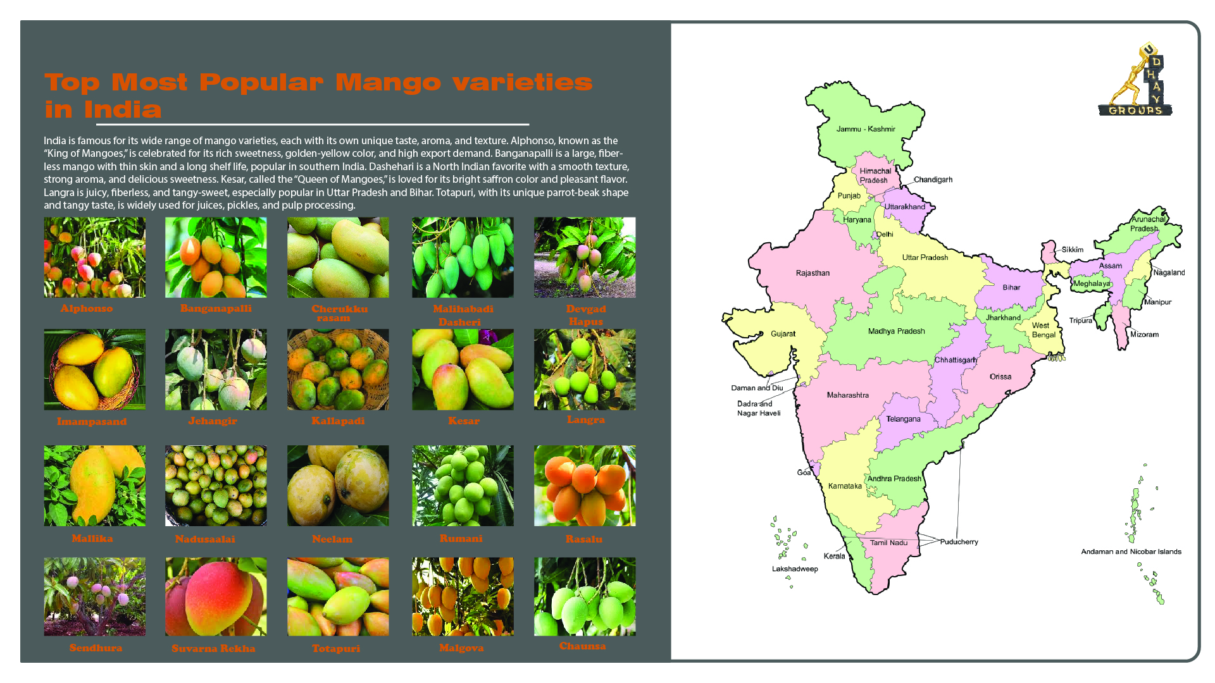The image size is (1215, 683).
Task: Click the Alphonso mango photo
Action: pos(94,257)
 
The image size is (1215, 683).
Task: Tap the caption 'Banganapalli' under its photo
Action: pos(216,309)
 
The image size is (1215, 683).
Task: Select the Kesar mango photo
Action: pos(463,369)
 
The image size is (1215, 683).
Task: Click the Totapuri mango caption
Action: pos(335,649)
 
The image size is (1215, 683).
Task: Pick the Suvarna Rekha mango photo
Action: pos(216,596)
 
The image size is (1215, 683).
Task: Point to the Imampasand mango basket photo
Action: pos(94,369)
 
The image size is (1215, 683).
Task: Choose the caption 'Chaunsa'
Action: pos(582,646)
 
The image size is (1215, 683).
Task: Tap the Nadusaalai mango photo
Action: pos(216,486)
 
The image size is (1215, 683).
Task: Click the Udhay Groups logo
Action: pos(1135,80)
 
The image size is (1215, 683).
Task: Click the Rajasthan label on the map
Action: pos(813,273)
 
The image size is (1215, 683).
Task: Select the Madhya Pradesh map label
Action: pos(896,331)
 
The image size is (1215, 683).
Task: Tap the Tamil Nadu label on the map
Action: pos(888,543)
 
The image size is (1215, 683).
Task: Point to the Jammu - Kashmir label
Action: pos(866,129)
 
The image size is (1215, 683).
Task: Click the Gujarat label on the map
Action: pos(783,334)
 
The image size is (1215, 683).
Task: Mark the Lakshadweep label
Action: pos(795,569)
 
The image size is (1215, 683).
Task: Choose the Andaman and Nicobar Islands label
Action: pos(1131,551)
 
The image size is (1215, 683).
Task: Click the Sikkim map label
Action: pos(1072,250)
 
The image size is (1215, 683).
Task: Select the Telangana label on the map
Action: pos(903,419)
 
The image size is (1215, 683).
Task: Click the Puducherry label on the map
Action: pos(959,542)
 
